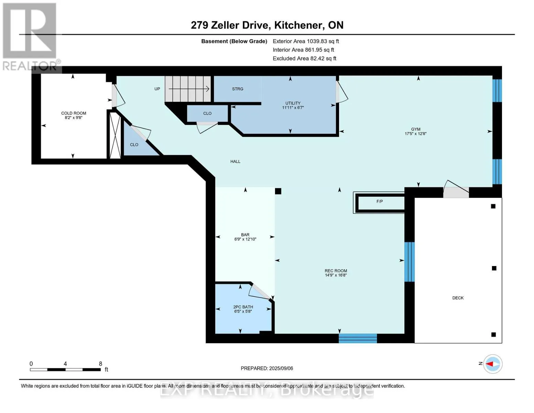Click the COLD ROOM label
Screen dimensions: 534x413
point(74,113)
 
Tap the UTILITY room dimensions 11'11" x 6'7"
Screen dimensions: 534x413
point(293,107)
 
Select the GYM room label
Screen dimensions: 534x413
point(416,129)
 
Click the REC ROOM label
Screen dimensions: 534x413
point(336,271)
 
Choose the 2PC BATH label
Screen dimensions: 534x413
point(243,307)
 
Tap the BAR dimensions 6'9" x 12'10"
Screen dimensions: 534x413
point(245,239)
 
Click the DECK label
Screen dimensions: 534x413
point(458,298)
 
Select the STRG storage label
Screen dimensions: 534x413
point(238,89)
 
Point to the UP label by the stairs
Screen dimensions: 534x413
point(157,89)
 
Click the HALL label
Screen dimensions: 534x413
point(235,161)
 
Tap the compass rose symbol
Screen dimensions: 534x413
point(493,364)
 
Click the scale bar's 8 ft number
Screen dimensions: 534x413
point(100,363)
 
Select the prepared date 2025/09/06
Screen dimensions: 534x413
point(281,368)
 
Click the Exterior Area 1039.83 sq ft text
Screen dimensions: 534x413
point(306,41)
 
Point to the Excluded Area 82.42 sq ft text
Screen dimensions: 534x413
point(304,58)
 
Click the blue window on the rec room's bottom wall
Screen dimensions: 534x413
point(358,338)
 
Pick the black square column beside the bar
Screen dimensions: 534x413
point(278,191)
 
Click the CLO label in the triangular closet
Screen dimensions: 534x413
point(134,145)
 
